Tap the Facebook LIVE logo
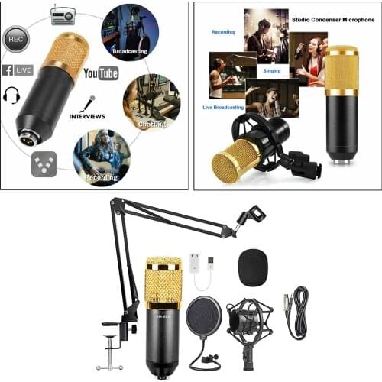(x=18, y=70)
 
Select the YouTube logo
(x=101, y=73)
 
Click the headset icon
(x=11, y=95)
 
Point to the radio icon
(x=63, y=15)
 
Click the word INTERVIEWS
(x=87, y=115)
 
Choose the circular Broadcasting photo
(x=130, y=31)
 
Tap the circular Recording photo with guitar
(x=101, y=157)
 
